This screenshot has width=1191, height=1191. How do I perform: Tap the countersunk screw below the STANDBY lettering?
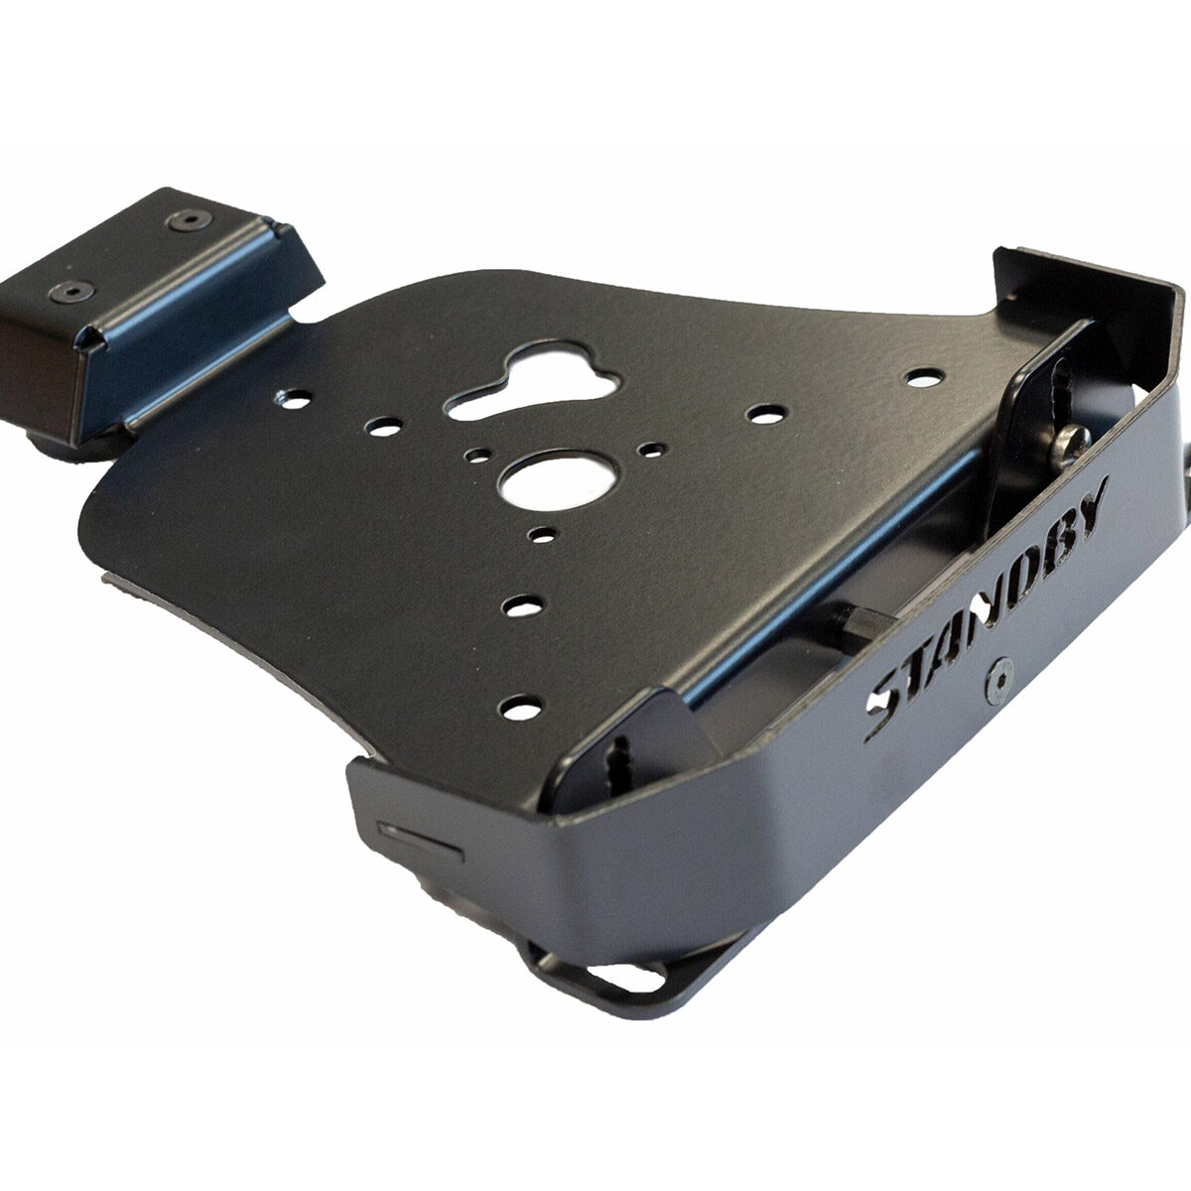(999, 682)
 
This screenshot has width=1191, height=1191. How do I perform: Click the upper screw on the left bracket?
(190, 219)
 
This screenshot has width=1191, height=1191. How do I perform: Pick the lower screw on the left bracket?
(72, 291)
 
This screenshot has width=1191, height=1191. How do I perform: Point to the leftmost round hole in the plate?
(295, 400)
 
